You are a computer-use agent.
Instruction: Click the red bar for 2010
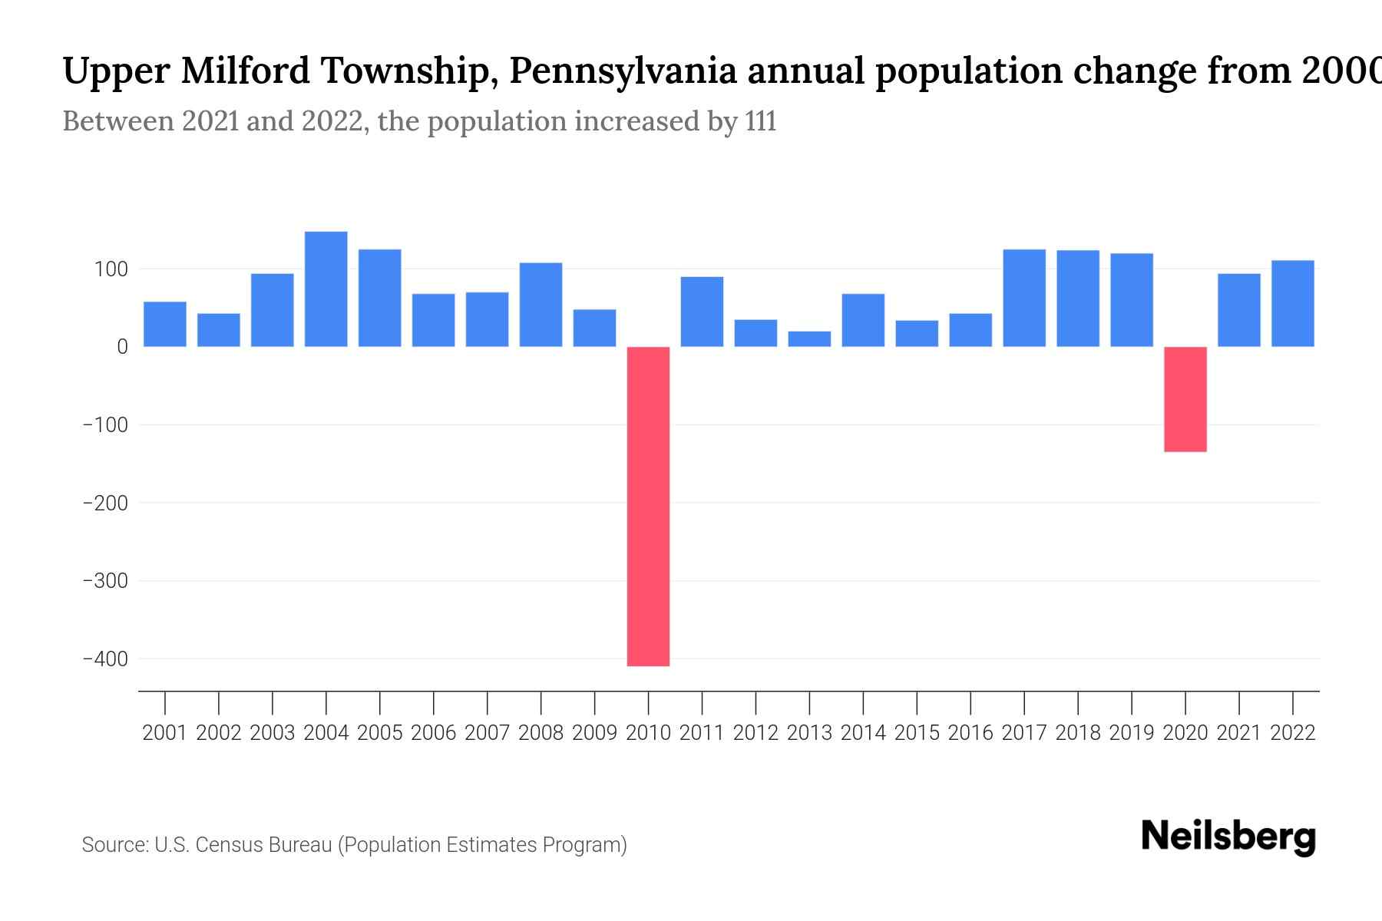648,507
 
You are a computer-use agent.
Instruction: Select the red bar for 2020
1185,399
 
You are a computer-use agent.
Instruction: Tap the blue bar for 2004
326,289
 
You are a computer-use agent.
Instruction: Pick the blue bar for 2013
809,339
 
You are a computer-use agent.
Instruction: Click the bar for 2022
1293,304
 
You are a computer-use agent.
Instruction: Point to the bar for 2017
1024,299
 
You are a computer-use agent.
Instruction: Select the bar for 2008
541,305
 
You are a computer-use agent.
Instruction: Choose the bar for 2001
165,324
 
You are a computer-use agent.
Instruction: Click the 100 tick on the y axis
111,269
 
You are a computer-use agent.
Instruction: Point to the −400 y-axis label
105,659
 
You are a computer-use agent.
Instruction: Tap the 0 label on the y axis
122,347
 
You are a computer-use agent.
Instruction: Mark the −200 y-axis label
105,503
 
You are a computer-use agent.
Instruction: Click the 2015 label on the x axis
917,733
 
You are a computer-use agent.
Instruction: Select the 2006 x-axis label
433,733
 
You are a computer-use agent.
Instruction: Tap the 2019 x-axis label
1132,733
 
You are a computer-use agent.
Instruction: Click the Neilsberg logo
1228,837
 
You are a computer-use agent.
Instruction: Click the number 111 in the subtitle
760,121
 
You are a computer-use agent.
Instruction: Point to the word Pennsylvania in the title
623,71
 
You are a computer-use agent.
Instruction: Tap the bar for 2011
702,312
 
